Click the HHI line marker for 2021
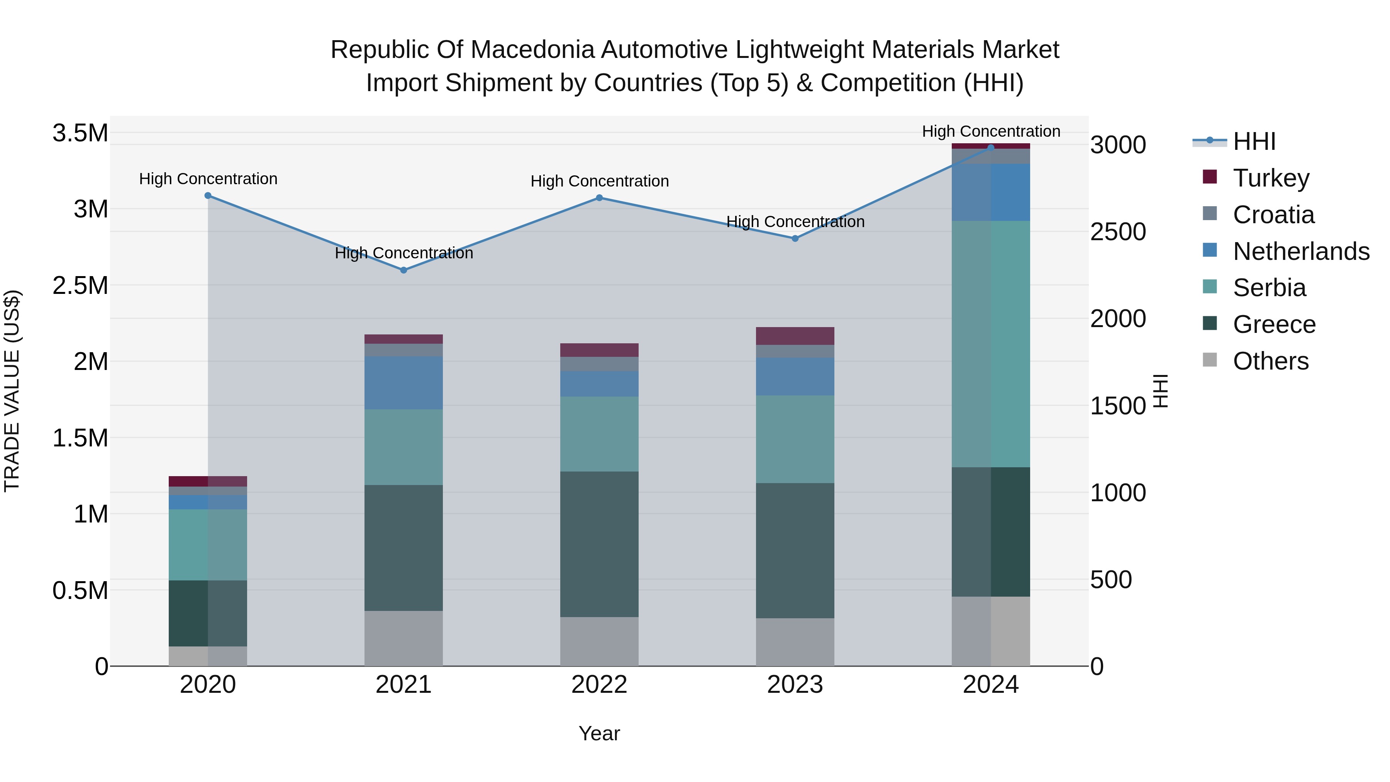click(403, 270)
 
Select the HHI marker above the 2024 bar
click(991, 148)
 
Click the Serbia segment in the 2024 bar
click(991, 344)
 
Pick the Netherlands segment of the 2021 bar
click(403, 383)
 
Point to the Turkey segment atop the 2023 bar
click(795, 336)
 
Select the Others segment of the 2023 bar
click(795, 642)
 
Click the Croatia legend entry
click(1273, 215)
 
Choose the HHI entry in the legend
click(1254, 141)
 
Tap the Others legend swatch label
click(1270, 361)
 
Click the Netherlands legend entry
click(1300, 251)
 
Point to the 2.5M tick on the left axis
click(80, 285)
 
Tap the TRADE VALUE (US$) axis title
click(12, 391)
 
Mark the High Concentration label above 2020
click(208, 179)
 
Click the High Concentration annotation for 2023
click(795, 222)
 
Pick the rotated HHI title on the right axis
click(1160, 391)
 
